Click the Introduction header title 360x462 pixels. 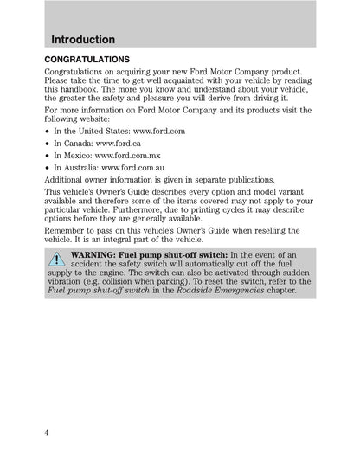point(83,40)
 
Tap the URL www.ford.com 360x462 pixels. point(160,130)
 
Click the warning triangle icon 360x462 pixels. point(57,259)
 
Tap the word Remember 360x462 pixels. point(66,231)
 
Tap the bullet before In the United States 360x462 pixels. point(46,130)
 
